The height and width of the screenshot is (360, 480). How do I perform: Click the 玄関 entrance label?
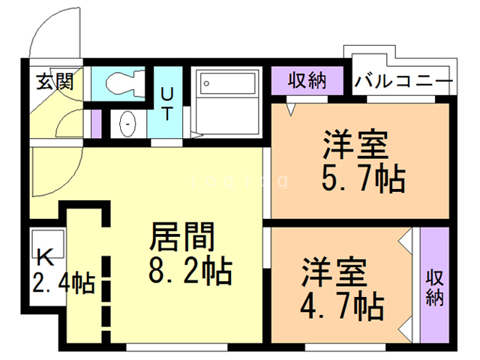[x=55, y=80]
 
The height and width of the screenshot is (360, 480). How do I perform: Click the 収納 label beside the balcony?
[x=306, y=80]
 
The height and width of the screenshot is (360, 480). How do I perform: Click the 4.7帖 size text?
[x=343, y=305]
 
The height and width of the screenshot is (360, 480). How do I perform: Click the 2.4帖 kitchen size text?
[x=63, y=283]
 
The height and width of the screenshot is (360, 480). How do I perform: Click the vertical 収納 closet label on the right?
[x=435, y=286]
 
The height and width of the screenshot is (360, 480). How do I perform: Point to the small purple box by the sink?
[x=96, y=123]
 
